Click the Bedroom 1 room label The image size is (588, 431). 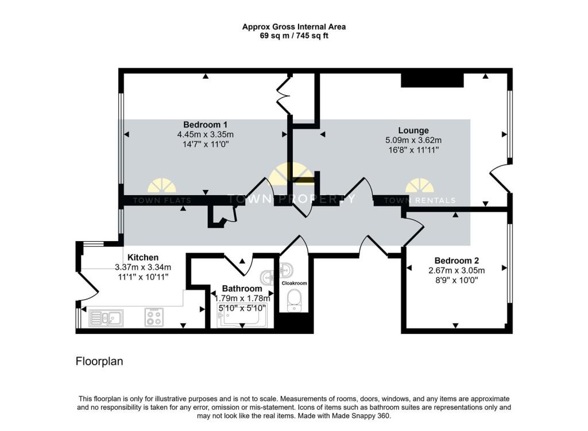tap(206, 125)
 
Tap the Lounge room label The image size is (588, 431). tap(413, 130)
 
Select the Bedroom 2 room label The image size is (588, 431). tap(457, 260)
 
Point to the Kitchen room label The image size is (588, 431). tap(143, 257)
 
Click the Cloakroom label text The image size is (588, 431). tap(294, 283)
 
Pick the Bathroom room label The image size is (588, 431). tap(242, 289)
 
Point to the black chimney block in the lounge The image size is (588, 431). tap(432, 81)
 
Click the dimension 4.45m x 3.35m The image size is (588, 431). tap(206, 135)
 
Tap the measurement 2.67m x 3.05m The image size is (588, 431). tap(457, 270)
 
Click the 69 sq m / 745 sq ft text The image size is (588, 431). tap(294, 36)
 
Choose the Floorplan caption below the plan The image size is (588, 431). tap(99, 362)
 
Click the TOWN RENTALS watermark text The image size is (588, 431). tap(419, 200)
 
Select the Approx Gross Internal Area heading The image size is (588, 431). tap(294, 26)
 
